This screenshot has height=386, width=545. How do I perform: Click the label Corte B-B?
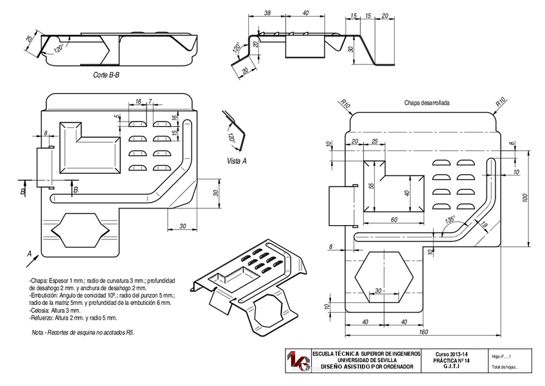pos(106,75)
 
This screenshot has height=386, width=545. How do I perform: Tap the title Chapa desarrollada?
pos(426,103)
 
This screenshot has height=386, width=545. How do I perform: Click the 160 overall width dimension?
pos(422,333)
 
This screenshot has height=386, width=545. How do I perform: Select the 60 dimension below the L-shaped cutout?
pos(393,220)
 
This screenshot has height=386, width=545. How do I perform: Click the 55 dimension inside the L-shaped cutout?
pos(371,185)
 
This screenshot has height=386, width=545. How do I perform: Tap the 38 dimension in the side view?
pos(267,12)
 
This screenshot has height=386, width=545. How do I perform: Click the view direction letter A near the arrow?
pos(29,253)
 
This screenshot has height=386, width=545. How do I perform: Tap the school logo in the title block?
pos(298,362)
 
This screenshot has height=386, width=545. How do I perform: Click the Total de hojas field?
pos(504,367)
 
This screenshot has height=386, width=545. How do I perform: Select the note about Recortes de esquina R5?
pos(83,333)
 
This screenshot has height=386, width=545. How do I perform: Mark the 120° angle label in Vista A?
pos(231,137)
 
